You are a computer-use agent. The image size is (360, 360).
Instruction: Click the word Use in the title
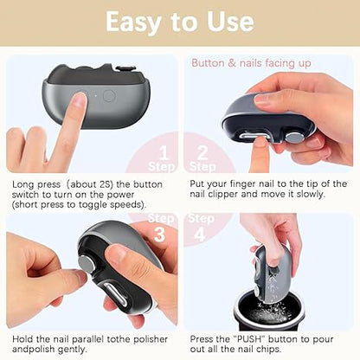point(228,22)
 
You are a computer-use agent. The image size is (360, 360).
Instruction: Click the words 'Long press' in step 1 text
point(34,183)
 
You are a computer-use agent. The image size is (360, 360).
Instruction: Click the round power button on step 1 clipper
point(108,95)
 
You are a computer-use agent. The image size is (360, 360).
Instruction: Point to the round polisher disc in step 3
point(87,264)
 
